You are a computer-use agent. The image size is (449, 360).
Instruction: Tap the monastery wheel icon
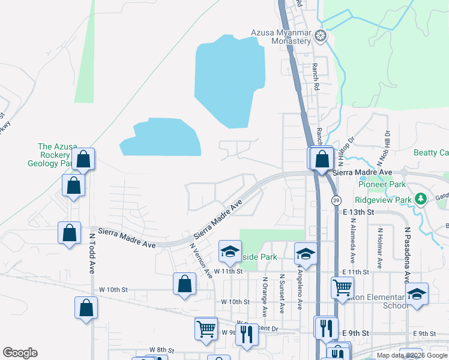321,36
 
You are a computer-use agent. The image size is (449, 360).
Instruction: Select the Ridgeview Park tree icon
421,199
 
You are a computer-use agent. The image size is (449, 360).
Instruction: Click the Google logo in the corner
20,353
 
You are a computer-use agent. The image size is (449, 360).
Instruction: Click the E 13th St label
358,212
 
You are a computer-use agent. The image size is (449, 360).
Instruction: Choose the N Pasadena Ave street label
406,247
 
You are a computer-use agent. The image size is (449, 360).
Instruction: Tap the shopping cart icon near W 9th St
206,328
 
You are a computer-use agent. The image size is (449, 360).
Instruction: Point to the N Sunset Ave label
281,293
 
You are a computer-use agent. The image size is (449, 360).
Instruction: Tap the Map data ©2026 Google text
411,355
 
